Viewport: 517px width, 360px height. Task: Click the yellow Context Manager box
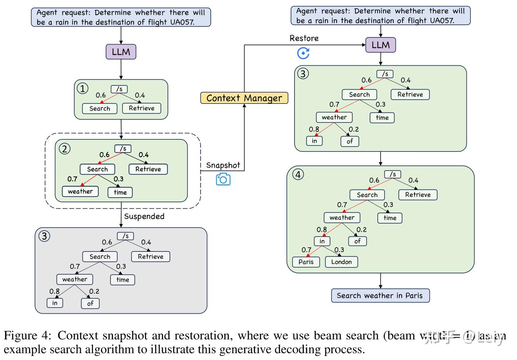(244, 98)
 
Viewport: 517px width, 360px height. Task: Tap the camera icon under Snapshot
(223, 179)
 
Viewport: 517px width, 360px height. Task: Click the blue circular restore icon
(303, 53)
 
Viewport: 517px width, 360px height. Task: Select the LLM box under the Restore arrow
(381, 45)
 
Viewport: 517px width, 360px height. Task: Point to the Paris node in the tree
(306, 262)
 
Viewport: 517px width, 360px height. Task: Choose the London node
(341, 262)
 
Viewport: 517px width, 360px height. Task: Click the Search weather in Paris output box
(380, 296)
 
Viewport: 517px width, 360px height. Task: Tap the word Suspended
(144, 216)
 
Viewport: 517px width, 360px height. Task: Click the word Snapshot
(223, 165)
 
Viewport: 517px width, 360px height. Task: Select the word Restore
(304, 38)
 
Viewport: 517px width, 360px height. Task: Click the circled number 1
(83, 88)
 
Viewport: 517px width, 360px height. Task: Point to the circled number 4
(298, 175)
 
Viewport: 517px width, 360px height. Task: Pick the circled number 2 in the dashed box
(65, 149)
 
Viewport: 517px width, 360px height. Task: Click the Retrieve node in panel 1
(141, 108)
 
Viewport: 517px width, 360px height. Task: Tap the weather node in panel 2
(80, 191)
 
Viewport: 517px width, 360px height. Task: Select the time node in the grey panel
(122, 280)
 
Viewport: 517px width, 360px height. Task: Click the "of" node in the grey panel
(90, 303)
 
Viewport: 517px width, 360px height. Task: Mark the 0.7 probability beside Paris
(306, 250)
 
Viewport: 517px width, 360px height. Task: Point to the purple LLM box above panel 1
(121, 52)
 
